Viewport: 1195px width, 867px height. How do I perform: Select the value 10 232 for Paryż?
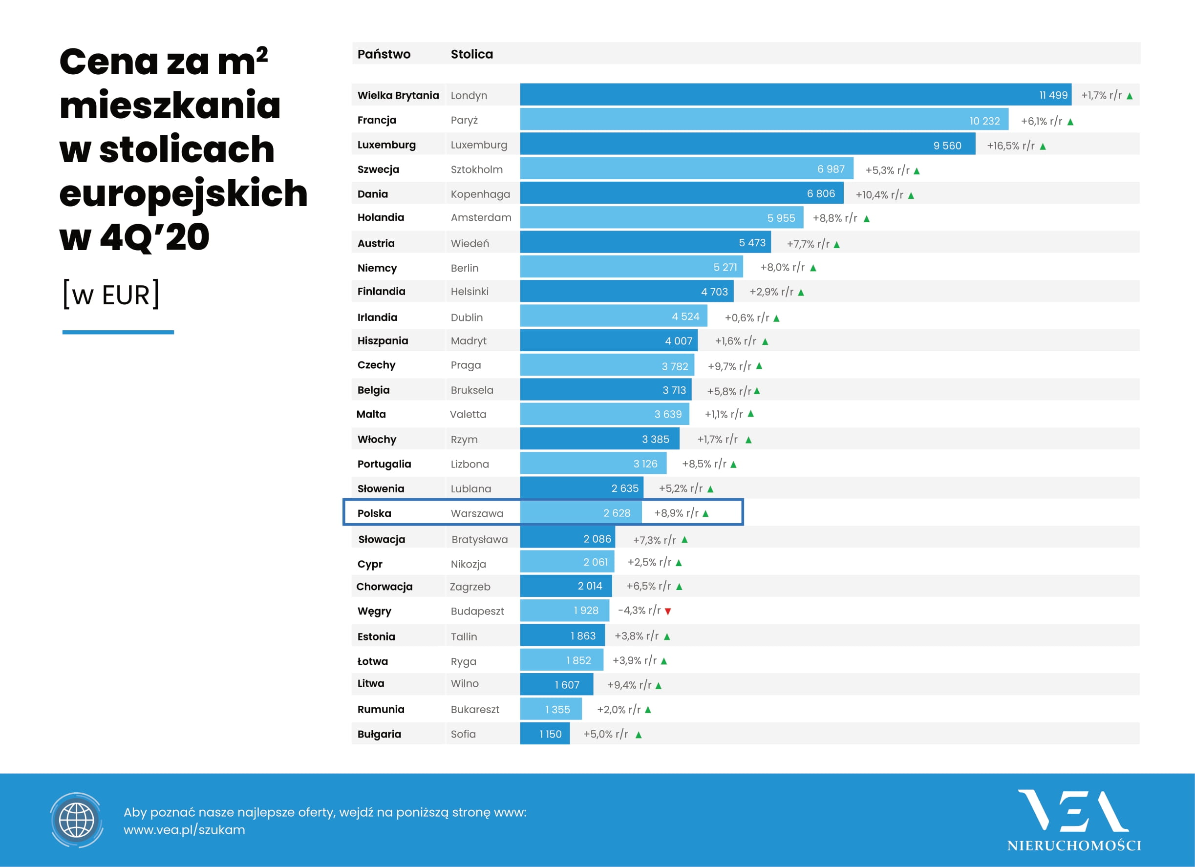coord(984,121)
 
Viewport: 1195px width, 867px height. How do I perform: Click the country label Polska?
coord(374,513)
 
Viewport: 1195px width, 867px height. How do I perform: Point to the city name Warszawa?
coord(477,513)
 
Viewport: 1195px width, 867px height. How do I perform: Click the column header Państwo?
coord(384,54)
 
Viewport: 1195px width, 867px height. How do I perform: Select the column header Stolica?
coord(471,54)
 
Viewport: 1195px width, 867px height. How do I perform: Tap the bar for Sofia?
coord(544,734)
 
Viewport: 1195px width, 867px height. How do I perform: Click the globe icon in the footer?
coord(77,820)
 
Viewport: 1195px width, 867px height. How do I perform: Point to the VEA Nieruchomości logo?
coord(1074,820)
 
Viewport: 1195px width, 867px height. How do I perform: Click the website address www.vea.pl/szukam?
coord(184,830)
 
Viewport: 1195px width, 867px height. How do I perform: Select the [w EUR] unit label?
coord(110,295)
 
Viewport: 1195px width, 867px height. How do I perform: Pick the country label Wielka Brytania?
coord(398,95)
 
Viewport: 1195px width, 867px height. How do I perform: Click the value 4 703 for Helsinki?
coord(714,292)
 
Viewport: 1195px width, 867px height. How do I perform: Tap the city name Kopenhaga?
coord(480,194)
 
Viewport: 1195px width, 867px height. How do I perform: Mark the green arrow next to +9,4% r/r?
coord(659,685)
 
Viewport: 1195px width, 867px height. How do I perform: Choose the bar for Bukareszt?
coord(551,709)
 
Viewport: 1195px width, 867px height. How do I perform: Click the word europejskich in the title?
coord(183,193)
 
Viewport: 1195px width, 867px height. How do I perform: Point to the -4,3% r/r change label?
coord(639,611)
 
